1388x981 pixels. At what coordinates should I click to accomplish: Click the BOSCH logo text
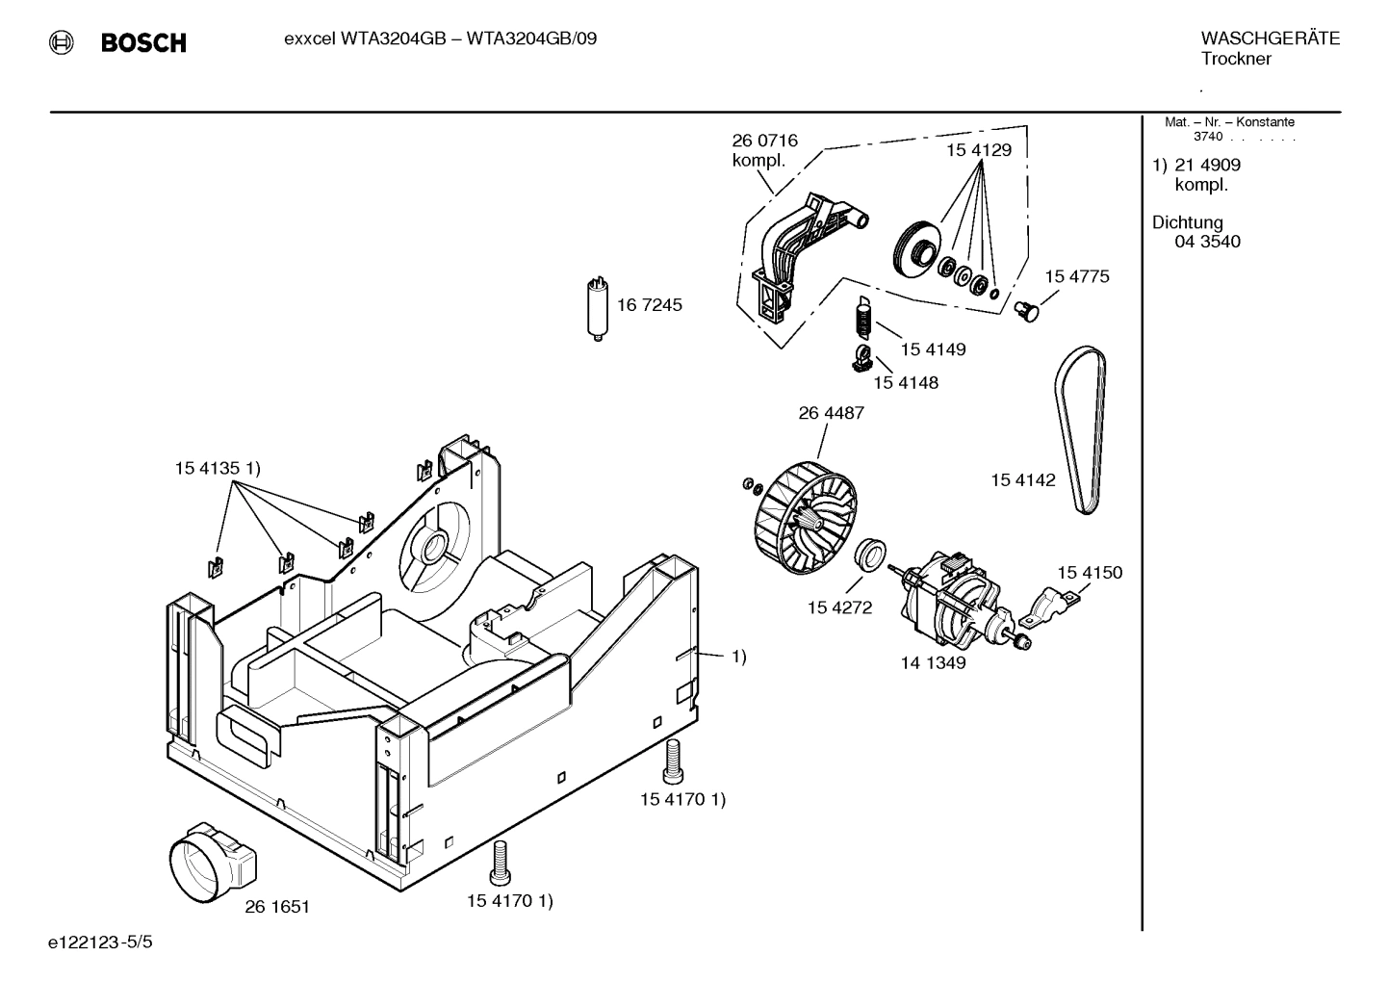(143, 42)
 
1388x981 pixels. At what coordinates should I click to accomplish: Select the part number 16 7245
(649, 305)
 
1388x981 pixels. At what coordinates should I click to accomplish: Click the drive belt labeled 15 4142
(1082, 428)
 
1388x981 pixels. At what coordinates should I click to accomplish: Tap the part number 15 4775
(1076, 276)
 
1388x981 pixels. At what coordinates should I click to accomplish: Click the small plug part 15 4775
(1029, 310)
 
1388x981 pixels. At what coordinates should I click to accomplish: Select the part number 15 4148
(905, 383)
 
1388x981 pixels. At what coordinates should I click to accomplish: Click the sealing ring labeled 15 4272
(871, 556)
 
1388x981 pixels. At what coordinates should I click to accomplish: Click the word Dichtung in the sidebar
(1187, 222)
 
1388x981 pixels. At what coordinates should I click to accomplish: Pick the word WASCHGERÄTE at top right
(1270, 39)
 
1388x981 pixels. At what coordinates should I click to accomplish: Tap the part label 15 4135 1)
(218, 468)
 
